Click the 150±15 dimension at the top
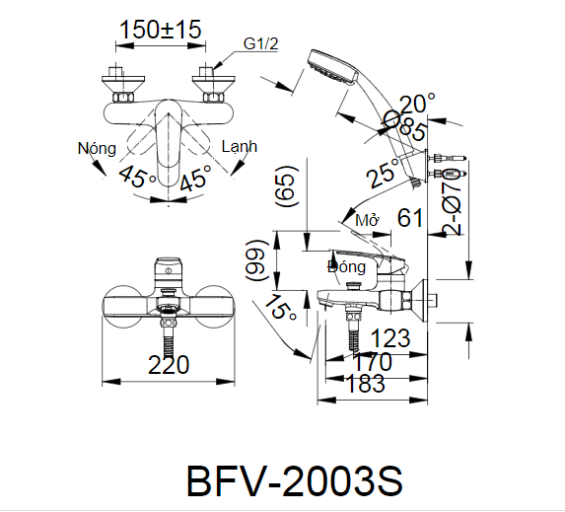pyautogui.click(x=161, y=30)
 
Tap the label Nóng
pyautogui.click(x=97, y=148)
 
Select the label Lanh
pyautogui.click(x=239, y=146)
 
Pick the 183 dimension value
pyautogui.click(x=366, y=384)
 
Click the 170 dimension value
pyautogui.click(x=371, y=361)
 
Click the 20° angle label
pyautogui.click(x=418, y=103)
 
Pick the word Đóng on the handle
pyautogui.click(x=347, y=266)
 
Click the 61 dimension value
pyautogui.click(x=411, y=218)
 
